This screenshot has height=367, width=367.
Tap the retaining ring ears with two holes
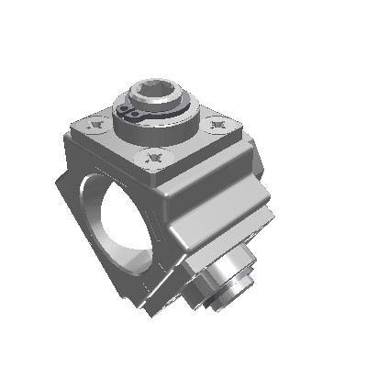(131, 113)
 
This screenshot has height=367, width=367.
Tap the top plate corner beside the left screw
(75, 128)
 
